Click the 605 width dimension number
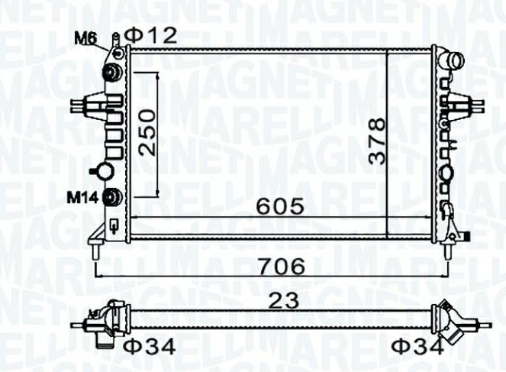click(x=279, y=205)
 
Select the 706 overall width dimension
click(x=279, y=266)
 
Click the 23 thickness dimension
click(x=279, y=302)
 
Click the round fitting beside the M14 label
click(x=113, y=197)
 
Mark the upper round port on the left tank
click(x=112, y=73)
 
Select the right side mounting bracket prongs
click(x=467, y=103)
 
